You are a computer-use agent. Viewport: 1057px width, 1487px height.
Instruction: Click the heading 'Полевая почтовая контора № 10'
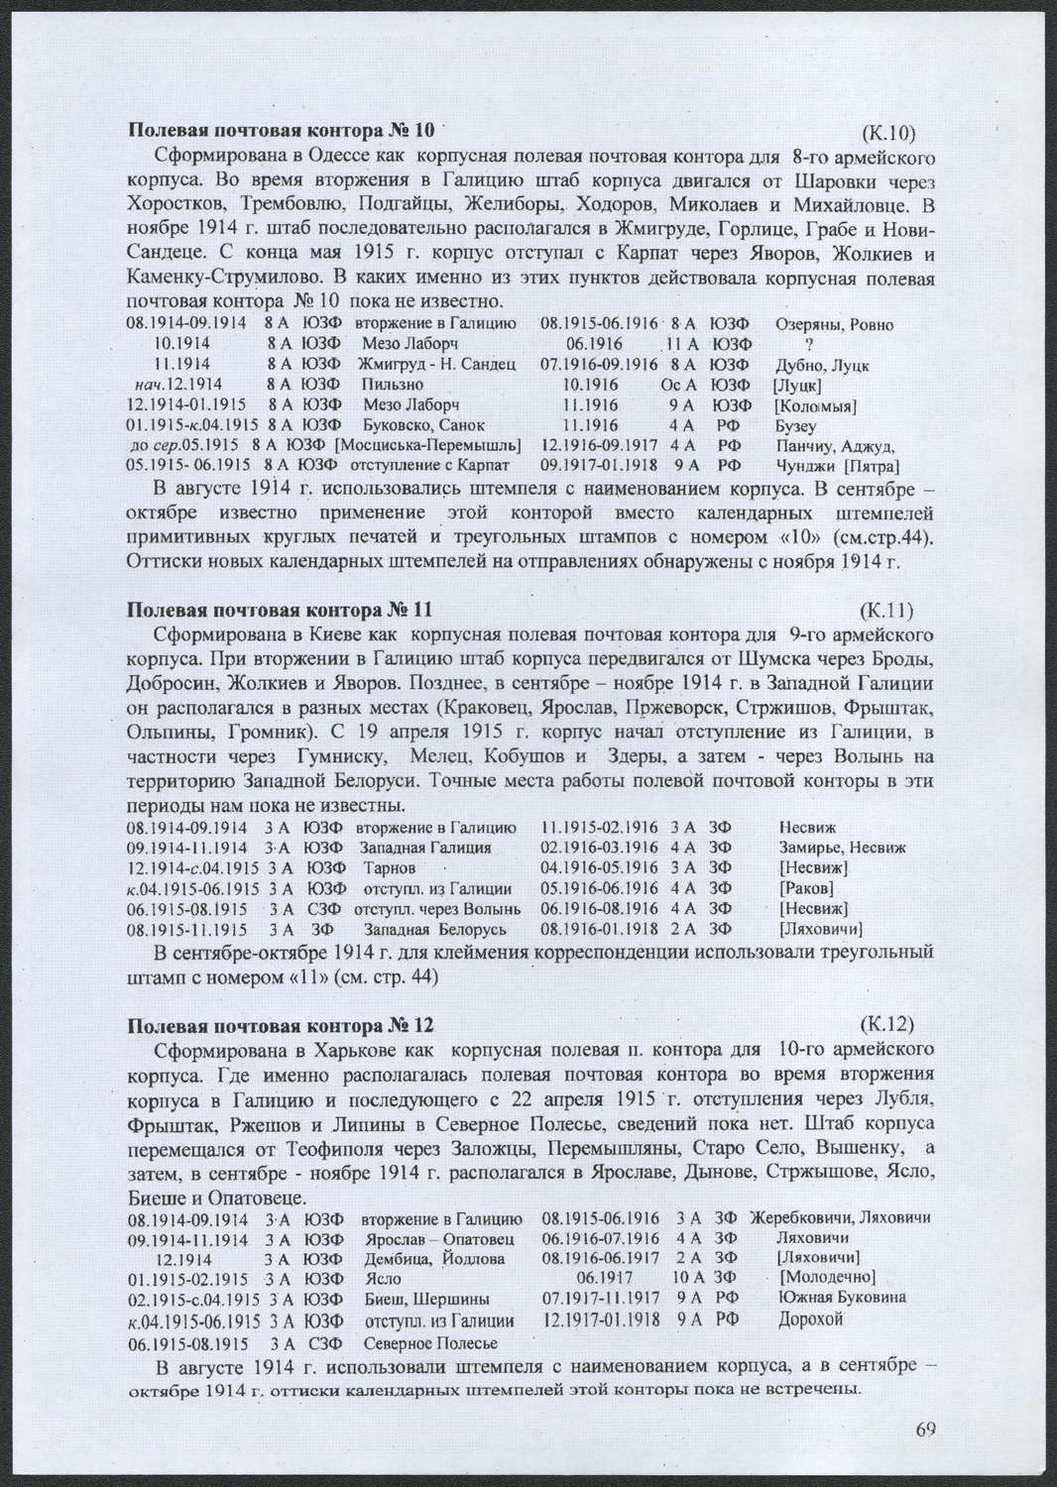[x=282, y=130]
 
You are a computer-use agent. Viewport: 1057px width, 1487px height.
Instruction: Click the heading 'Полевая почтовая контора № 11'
[x=281, y=609]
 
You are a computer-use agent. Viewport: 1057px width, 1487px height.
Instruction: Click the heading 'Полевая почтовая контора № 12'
[x=281, y=1024]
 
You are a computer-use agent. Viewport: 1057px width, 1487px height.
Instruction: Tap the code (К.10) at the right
[x=886, y=133]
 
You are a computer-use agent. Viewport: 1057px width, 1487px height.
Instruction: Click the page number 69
[x=926, y=1429]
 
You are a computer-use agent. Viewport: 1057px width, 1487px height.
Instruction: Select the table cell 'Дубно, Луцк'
[x=822, y=365]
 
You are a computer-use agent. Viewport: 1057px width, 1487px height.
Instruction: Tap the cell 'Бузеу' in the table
[x=797, y=426]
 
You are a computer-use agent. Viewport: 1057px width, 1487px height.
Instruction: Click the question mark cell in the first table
[x=810, y=345]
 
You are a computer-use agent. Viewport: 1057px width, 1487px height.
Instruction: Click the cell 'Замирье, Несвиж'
[x=842, y=849]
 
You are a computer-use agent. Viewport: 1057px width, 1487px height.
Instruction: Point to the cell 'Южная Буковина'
[x=843, y=1297]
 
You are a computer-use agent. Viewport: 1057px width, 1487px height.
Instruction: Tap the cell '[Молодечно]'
[x=828, y=1277]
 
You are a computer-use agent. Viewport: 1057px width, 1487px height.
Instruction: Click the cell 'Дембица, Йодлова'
[x=434, y=1258]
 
